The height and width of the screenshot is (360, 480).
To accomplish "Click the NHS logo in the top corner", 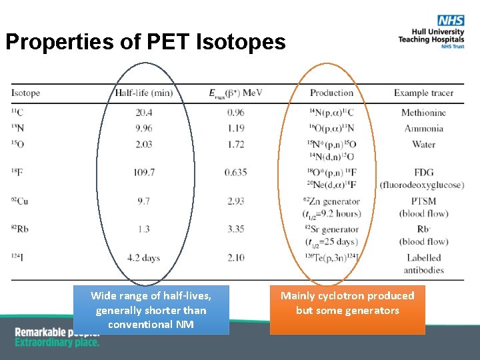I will pos(450,22).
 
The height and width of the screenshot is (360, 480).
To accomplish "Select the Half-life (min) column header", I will pos(144,93).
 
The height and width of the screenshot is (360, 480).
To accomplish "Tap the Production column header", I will pos(331,93).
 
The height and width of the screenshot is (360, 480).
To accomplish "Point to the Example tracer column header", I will pos(423,93).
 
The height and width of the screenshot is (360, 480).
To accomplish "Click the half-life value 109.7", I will pos(144,172).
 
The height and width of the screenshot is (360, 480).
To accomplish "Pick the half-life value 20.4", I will pos(144,113).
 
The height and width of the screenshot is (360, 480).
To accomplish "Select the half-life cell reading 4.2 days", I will pos(144,258).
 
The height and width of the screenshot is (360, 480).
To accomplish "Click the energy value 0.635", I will pos(235,172).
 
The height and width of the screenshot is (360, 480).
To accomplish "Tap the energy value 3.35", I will pos(235,229).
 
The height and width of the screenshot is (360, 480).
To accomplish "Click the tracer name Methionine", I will pos(423,113).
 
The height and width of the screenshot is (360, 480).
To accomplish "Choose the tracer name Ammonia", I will pos(423,128).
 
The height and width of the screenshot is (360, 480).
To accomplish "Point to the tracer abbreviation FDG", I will pos(423,172).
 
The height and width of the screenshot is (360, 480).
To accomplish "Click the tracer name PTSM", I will pos(423,201).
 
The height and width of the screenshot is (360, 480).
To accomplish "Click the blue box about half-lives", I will pos(151,310).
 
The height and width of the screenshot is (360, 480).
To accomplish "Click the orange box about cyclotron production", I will pos(347,310).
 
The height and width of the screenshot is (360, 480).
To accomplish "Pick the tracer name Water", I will pos(423,144).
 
